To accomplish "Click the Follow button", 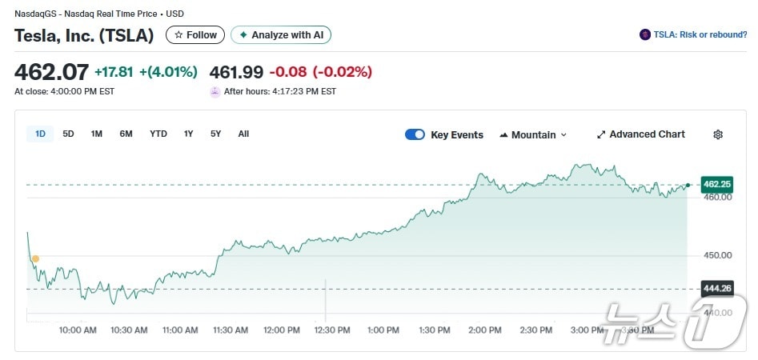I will [195, 35].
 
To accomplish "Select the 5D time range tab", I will [68, 134].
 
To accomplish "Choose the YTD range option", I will [158, 134].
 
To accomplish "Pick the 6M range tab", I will [126, 134].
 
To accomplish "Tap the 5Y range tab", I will [216, 134].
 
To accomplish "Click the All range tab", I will [243, 134].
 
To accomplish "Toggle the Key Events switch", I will [415, 134].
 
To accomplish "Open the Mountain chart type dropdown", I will [533, 134].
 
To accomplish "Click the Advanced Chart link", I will [640, 134].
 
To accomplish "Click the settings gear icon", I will [718, 134].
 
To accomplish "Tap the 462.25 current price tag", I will [716, 184].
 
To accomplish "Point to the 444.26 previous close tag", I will [716, 289].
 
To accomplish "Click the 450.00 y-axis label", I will [716, 255].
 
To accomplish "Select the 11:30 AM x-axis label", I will [231, 330].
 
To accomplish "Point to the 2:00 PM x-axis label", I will [485, 330].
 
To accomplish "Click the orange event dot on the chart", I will [35, 258].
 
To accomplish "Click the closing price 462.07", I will [51, 72].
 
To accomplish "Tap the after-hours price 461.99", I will [236, 72].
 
